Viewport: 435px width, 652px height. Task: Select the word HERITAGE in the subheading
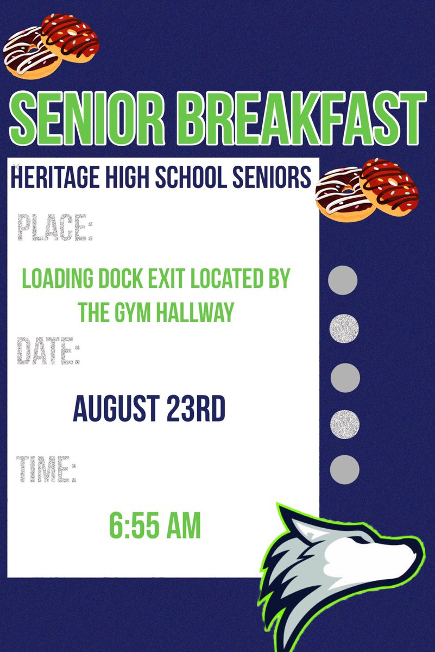(52, 177)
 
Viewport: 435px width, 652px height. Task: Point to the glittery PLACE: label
(54, 228)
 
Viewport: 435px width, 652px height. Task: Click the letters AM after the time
(182, 525)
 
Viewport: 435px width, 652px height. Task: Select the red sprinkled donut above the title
(70, 35)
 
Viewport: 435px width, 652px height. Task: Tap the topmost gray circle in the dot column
(343, 281)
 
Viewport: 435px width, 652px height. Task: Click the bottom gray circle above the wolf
(345, 468)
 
